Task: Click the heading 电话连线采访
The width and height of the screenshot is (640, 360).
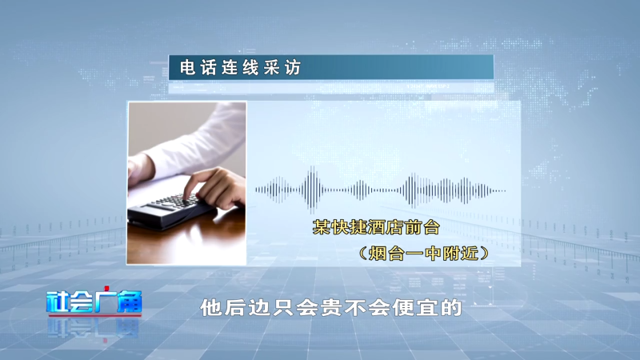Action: coord(241,68)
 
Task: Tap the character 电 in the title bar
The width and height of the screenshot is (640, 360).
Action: coord(187,68)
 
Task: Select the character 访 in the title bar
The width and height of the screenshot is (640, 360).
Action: coord(294,68)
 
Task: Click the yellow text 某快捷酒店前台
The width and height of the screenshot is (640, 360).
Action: coord(376,227)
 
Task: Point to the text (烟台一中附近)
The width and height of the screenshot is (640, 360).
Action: coord(424,254)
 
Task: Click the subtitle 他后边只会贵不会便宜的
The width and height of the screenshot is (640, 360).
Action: coord(331,308)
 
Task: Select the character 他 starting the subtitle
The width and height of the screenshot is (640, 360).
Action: coord(210,308)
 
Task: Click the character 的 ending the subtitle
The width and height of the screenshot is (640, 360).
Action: coord(451,308)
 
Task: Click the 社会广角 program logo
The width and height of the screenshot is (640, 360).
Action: coord(94,302)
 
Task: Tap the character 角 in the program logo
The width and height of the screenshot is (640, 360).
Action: coord(130,302)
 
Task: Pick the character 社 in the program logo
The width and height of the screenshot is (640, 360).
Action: coord(58,302)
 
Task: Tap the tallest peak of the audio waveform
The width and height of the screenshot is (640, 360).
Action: coord(313,190)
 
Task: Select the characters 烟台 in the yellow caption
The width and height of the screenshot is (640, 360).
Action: coord(386,254)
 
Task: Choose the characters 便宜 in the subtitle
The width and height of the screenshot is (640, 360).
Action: coord(415,308)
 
